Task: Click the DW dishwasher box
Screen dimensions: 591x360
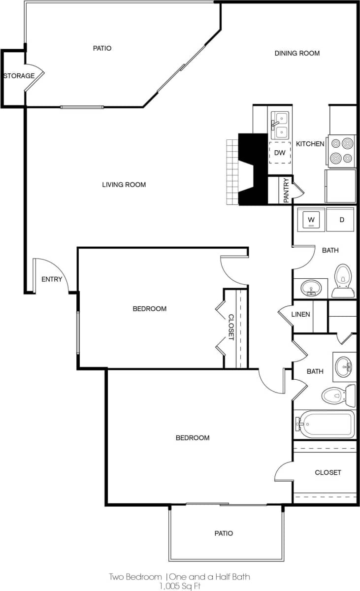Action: (x=280, y=153)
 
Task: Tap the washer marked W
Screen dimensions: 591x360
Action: (x=311, y=219)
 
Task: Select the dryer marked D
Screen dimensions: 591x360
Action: (x=341, y=219)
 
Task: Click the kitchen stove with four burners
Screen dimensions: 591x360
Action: (x=342, y=151)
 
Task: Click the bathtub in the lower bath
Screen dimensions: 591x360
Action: (x=327, y=424)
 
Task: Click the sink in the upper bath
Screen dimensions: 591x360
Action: (x=311, y=287)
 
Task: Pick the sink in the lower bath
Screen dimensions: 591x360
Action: (x=343, y=366)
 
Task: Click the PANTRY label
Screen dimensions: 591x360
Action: (x=286, y=190)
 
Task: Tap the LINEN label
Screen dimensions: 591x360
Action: (x=300, y=314)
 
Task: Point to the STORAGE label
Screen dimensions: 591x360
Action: (x=19, y=76)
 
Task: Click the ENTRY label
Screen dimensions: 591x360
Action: (x=52, y=279)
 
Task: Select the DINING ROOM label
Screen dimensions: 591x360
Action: (x=297, y=53)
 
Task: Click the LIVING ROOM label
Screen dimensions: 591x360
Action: (x=124, y=185)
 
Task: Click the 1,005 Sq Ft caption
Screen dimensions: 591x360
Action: (x=180, y=586)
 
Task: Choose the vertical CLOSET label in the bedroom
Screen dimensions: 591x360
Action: (x=230, y=328)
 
